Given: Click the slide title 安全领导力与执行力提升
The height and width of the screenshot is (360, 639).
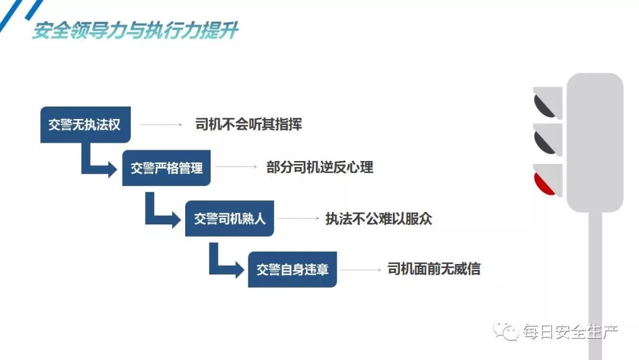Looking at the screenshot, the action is [135, 31].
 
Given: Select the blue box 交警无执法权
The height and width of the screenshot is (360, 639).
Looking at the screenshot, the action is [85, 125].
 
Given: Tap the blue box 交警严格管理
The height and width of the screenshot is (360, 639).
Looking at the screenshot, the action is [167, 168].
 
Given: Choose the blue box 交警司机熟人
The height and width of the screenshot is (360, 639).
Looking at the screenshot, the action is [230, 218].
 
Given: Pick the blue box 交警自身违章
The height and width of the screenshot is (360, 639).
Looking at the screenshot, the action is [292, 269].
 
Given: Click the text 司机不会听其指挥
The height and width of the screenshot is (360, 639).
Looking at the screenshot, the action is [248, 125].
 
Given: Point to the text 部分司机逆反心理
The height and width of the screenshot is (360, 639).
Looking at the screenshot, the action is [319, 168].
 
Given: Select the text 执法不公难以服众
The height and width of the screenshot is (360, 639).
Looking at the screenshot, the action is [379, 218].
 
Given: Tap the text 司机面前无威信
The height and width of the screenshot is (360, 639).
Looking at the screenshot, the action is [434, 269].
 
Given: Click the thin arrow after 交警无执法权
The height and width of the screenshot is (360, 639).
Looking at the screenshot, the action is [161, 125].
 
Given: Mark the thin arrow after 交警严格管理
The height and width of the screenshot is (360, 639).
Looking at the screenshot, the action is [237, 168].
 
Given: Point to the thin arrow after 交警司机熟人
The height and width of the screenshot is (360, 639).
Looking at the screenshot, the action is [299, 218].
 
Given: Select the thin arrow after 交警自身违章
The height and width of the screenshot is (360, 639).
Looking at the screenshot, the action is [361, 269].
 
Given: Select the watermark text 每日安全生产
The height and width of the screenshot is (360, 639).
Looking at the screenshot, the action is [570, 332].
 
